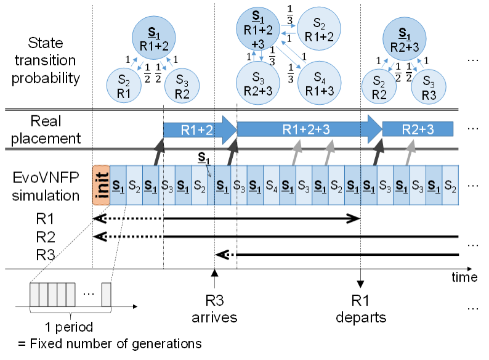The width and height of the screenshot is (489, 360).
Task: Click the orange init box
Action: (101, 185)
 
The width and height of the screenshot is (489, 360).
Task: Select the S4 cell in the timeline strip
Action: (271, 185)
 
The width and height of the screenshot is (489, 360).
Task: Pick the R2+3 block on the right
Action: (418, 129)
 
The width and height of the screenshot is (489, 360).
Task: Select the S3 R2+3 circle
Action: (259, 84)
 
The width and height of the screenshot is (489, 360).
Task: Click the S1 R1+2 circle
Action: (154, 38)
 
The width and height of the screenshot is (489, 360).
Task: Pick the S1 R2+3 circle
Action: (405, 38)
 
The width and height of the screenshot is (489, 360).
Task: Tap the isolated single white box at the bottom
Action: (106, 295)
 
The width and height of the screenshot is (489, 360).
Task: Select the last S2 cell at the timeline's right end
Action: (450, 185)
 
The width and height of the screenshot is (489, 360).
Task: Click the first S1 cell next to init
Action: (118, 185)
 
